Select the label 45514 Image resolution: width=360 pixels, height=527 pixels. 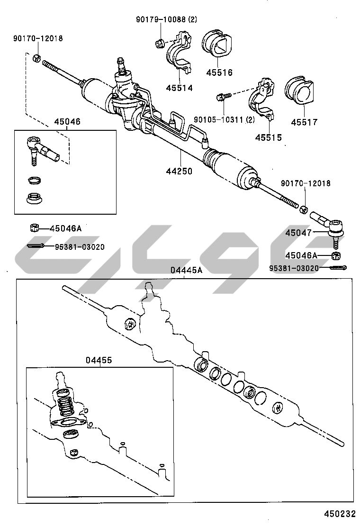[x=180, y=88]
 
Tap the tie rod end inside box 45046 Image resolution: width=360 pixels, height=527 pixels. [x=41, y=149]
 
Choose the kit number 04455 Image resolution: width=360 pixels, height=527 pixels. [x=99, y=360]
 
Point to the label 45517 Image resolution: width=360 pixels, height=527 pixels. [x=304, y=122]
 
